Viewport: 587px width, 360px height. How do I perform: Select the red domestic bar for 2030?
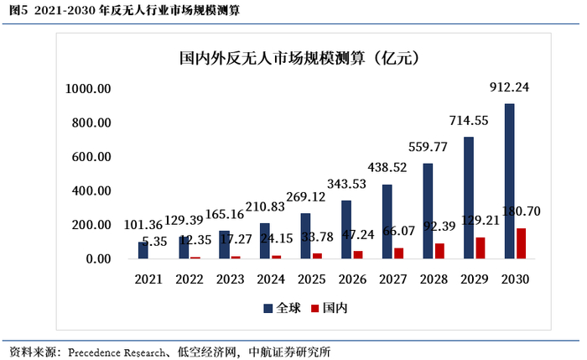522,243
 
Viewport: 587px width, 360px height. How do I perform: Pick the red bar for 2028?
440,251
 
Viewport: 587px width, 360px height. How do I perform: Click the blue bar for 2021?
143,250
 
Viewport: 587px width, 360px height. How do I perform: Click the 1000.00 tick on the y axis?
90,88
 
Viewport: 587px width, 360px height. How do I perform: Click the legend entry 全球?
282,308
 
